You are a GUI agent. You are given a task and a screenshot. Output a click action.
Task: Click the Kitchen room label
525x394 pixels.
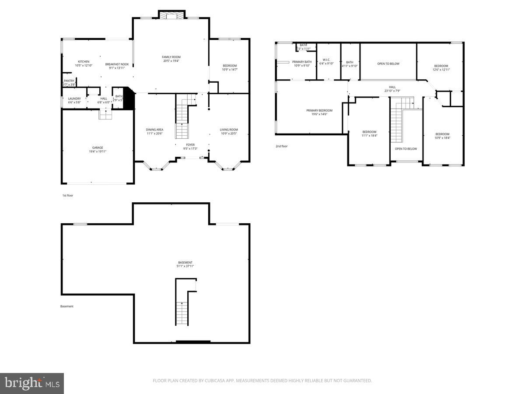tap(84, 61)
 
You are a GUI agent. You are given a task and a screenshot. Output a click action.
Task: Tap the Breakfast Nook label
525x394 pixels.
tap(117, 64)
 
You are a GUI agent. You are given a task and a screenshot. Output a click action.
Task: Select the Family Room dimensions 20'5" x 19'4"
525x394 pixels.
tap(171, 61)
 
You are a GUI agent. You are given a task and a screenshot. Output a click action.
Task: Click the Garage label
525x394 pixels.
tap(98, 148)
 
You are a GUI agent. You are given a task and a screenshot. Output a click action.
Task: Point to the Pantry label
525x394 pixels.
tap(69, 81)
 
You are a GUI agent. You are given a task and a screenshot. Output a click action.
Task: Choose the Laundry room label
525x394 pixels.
tap(74, 98)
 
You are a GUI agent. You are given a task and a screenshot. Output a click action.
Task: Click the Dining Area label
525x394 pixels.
tap(154, 130)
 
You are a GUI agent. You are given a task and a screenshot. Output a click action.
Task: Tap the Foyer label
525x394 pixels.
tap(190, 144)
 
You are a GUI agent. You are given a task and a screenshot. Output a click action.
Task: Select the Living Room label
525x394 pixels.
tap(229, 130)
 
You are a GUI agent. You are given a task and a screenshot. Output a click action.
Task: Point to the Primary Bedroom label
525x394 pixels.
tap(319, 110)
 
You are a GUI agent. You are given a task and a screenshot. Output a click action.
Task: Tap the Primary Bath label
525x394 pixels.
tap(302, 62)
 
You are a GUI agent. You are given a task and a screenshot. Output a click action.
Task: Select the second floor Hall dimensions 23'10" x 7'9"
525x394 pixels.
tap(392, 91)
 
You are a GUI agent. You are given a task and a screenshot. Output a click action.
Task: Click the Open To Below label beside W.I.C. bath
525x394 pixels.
tap(388, 64)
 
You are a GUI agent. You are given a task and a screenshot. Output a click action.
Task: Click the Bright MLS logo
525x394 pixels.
tap(32, 383)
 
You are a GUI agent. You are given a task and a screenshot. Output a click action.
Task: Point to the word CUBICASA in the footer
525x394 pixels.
tap(213, 381)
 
